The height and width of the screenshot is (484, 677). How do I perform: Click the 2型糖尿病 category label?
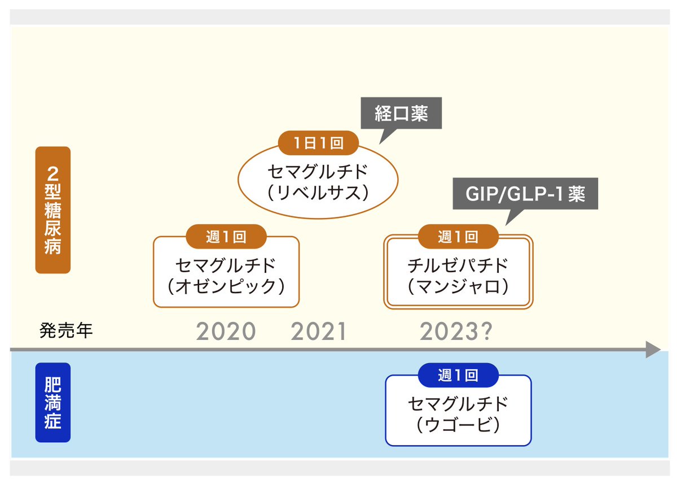pos(52,210)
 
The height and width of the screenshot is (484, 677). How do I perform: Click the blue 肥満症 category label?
pos(52,402)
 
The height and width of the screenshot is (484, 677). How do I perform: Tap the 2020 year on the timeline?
pos(226,332)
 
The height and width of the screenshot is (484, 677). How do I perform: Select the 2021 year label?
pos(319,332)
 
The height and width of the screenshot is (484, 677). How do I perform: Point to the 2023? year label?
pos(456,332)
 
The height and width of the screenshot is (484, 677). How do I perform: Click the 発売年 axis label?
pos(66,331)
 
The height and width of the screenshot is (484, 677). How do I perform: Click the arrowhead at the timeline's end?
pos(653,350)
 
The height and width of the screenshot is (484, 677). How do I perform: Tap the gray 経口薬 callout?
pos(401,115)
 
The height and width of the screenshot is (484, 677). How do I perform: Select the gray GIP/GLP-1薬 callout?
pos(525,194)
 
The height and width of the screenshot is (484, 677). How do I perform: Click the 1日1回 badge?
pos(319,143)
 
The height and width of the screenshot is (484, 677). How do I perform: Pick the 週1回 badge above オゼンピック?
pos(226,237)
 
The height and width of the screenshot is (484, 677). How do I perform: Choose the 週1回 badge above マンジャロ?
pos(458,237)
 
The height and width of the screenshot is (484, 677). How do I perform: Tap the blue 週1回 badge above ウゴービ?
pos(458,375)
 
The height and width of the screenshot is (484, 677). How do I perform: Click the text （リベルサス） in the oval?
pos(319,193)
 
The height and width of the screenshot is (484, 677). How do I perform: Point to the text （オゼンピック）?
pos(226,286)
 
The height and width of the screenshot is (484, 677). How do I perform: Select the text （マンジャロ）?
pos(458,286)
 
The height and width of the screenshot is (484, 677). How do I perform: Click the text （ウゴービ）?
pos(458,425)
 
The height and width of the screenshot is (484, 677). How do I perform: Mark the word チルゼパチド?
pos(458,265)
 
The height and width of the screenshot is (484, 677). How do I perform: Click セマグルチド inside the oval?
pos(319,171)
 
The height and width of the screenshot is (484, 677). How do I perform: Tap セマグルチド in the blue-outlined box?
pos(458,403)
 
